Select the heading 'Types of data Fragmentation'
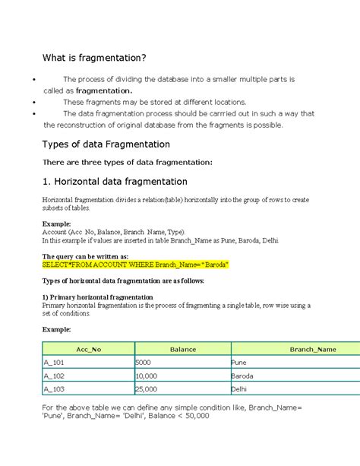tap(105, 144)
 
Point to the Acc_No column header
tap(89, 350)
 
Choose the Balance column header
tap(182, 350)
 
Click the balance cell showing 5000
tap(144, 363)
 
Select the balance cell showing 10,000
tap(147, 376)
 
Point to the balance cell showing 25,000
tap(147, 388)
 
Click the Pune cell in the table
tap(239, 363)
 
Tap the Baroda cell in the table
tap(243, 376)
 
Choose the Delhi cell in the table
tap(239, 388)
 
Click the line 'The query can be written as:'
tap(85, 257)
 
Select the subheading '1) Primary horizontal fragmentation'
tap(98, 297)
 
